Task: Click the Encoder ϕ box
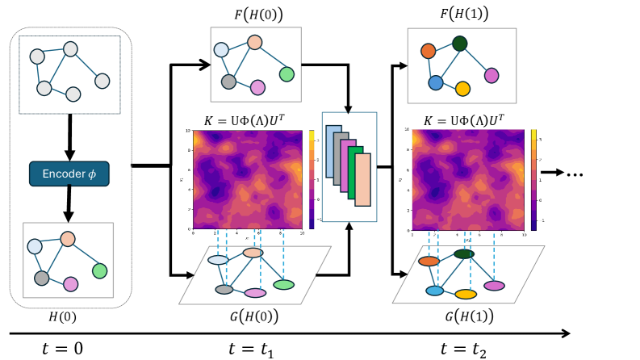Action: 69,174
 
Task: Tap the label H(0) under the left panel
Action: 63,317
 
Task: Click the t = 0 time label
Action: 62,349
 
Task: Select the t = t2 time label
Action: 464,349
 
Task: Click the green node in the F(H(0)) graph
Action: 287,74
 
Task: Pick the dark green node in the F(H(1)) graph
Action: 460,44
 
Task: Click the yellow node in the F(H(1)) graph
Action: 462,88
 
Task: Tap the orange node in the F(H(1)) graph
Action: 429,51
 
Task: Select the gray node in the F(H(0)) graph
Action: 228,82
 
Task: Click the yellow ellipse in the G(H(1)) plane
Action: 466,294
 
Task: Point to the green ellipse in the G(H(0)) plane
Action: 283,284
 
